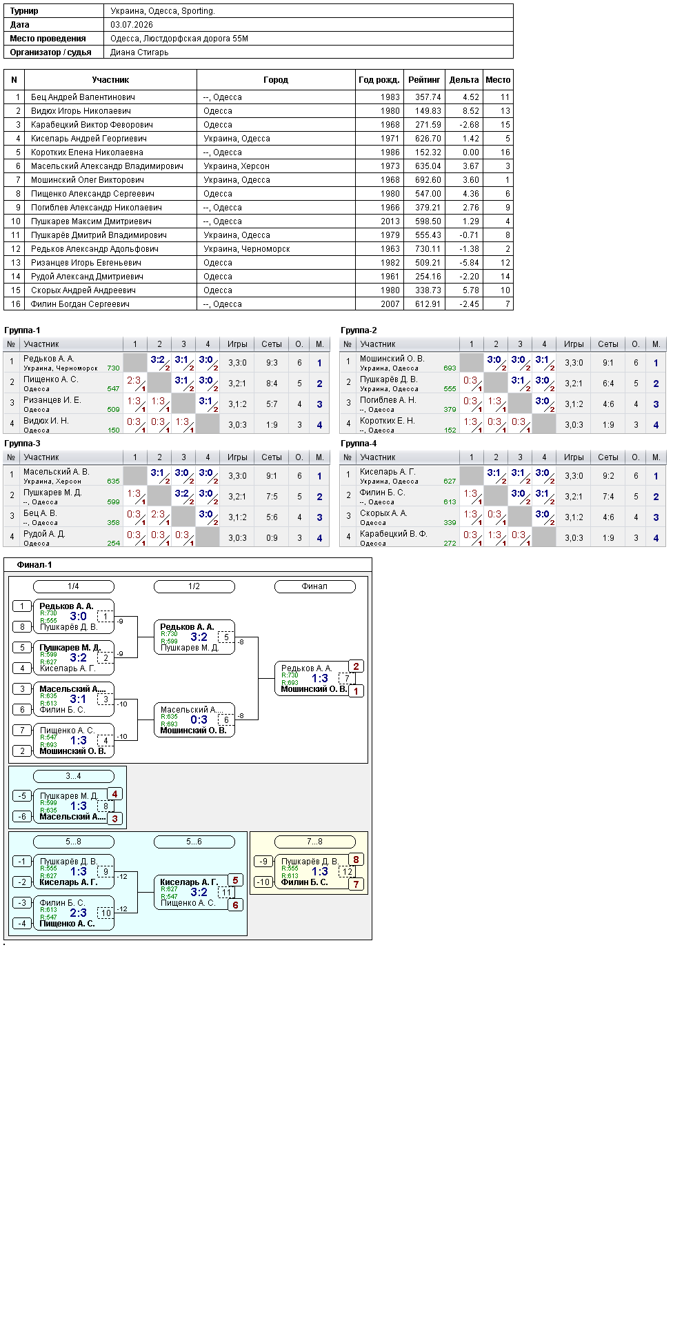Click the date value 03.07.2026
click(132, 25)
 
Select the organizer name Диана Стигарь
click(139, 52)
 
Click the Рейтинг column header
click(424, 80)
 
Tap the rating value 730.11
click(428, 249)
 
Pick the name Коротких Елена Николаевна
click(87, 152)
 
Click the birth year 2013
click(390, 221)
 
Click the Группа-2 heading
click(359, 330)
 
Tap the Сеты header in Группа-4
click(608, 457)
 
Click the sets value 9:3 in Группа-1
click(272, 363)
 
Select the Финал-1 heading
click(34, 565)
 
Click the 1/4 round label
click(73, 586)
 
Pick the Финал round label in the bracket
click(314, 586)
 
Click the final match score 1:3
click(320, 679)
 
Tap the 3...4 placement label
click(73, 776)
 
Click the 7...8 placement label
click(314, 842)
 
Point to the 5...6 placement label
click(194, 842)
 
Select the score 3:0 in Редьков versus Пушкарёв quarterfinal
click(79, 617)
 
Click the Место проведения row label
click(48, 39)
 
